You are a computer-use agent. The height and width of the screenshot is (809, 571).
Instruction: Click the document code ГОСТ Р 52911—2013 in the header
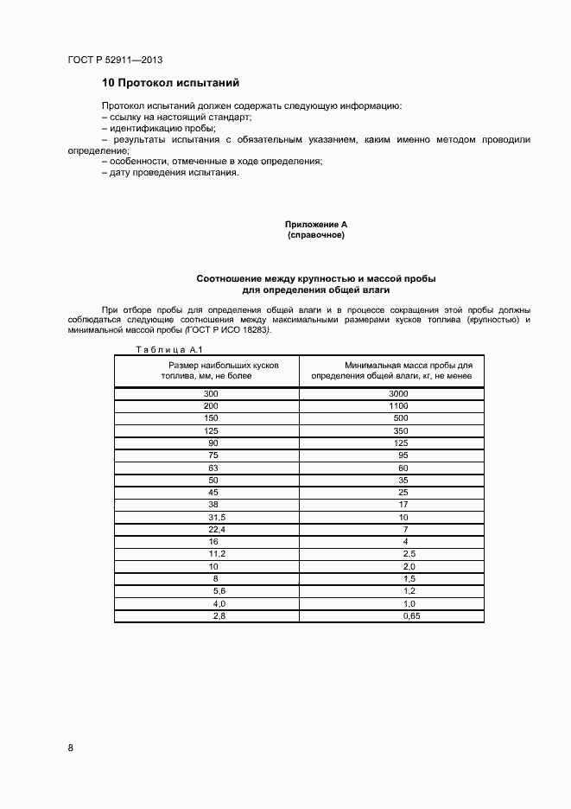[115, 61]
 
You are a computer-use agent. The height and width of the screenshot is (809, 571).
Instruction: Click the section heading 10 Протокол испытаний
[170, 83]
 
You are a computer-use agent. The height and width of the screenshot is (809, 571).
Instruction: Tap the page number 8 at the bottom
[71, 748]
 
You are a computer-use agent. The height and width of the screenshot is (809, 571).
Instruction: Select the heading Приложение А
[316, 225]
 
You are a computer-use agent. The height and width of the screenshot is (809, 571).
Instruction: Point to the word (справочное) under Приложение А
[316, 235]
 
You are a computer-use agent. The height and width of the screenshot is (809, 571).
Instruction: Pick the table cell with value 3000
[397, 393]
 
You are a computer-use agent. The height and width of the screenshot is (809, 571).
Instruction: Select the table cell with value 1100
[397, 405]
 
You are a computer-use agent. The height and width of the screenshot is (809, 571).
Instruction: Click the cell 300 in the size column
[212, 393]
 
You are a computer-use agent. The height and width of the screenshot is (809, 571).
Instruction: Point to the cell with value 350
[397, 430]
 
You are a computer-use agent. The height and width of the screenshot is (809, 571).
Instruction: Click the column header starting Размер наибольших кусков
[212, 371]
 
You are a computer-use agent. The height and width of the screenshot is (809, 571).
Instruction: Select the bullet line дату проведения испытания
[170, 172]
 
